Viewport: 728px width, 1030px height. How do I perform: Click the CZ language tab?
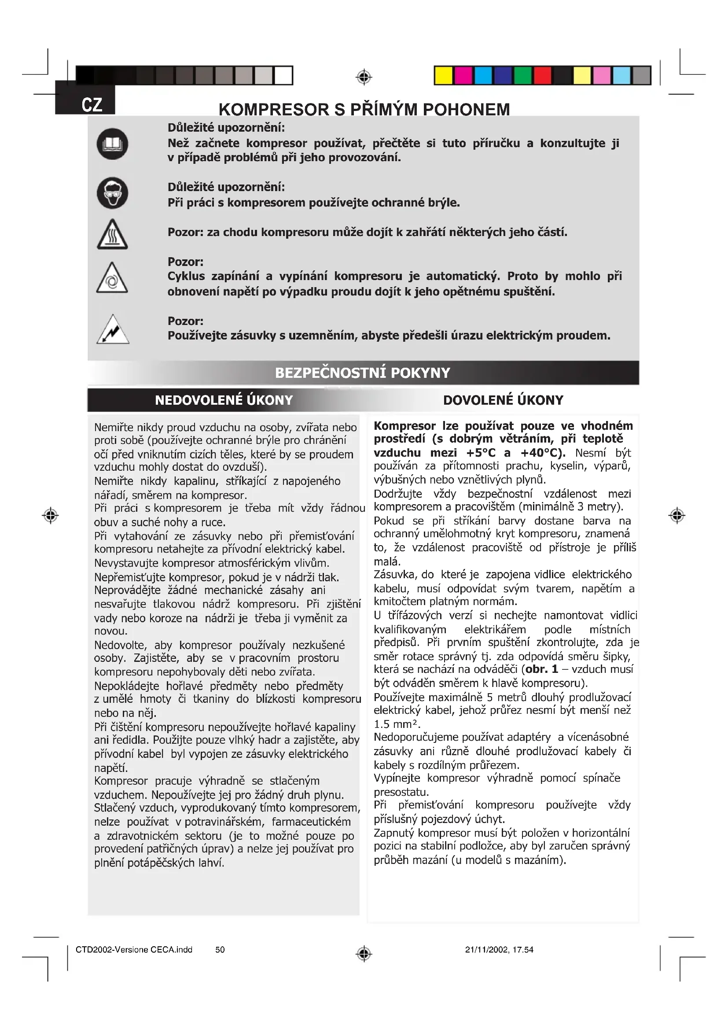[92, 105]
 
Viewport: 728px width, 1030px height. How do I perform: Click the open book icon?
[113, 144]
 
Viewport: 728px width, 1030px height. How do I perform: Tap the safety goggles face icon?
[113, 193]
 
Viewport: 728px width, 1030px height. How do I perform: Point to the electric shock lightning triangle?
[113, 330]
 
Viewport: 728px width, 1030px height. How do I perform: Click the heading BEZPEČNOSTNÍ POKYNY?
[362, 373]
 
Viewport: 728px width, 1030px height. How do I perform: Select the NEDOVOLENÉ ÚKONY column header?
[224, 400]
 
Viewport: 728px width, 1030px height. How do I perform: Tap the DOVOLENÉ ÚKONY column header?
[503, 400]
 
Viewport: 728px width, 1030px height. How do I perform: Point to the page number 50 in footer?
[220, 950]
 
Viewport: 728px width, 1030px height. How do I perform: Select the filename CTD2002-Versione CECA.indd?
[134, 950]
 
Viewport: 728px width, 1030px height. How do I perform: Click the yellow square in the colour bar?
[443, 75]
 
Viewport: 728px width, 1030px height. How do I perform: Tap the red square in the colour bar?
[542, 75]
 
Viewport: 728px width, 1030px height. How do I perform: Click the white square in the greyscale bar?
[283, 75]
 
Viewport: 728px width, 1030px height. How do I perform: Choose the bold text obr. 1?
[541, 669]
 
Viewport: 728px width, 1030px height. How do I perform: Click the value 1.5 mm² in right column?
[396, 724]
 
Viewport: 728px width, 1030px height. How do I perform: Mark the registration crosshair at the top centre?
[364, 77]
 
